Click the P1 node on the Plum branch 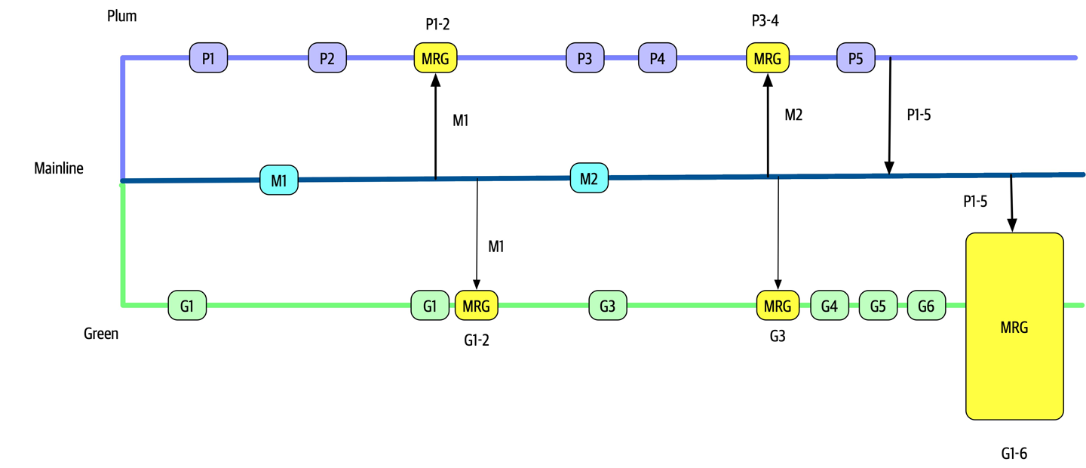coord(208,57)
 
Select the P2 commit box coord(327,57)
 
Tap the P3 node coord(585,57)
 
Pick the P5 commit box coord(855,57)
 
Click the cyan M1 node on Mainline coord(279,180)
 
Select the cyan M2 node coord(589,178)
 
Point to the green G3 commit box coord(608,306)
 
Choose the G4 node coord(830,306)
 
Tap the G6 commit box coord(926,306)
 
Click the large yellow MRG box coord(1014,326)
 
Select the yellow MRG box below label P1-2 coord(436,57)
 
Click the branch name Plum coord(121,15)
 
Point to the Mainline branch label coord(59,168)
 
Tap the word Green coord(101,333)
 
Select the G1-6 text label coord(1014,454)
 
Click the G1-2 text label coord(477,340)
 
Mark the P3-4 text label coord(765,21)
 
